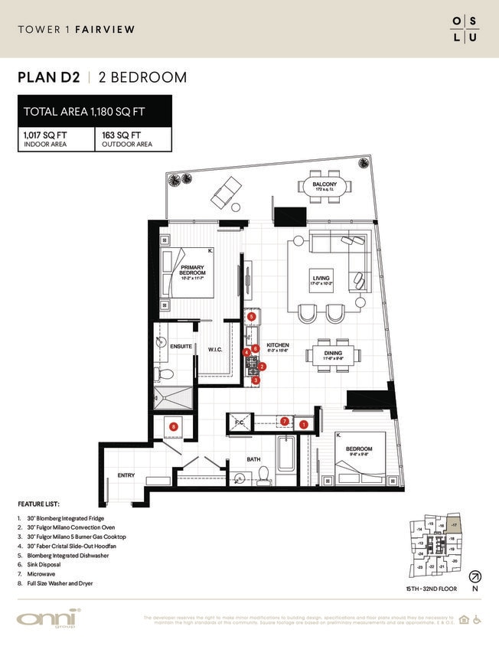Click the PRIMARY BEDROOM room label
(x=192, y=270)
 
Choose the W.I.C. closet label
(x=215, y=349)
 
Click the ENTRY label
(x=126, y=475)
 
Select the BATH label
(x=254, y=459)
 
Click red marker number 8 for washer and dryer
(x=174, y=426)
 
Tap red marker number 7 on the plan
(x=284, y=421)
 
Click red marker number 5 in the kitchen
(x=251, y=316)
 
